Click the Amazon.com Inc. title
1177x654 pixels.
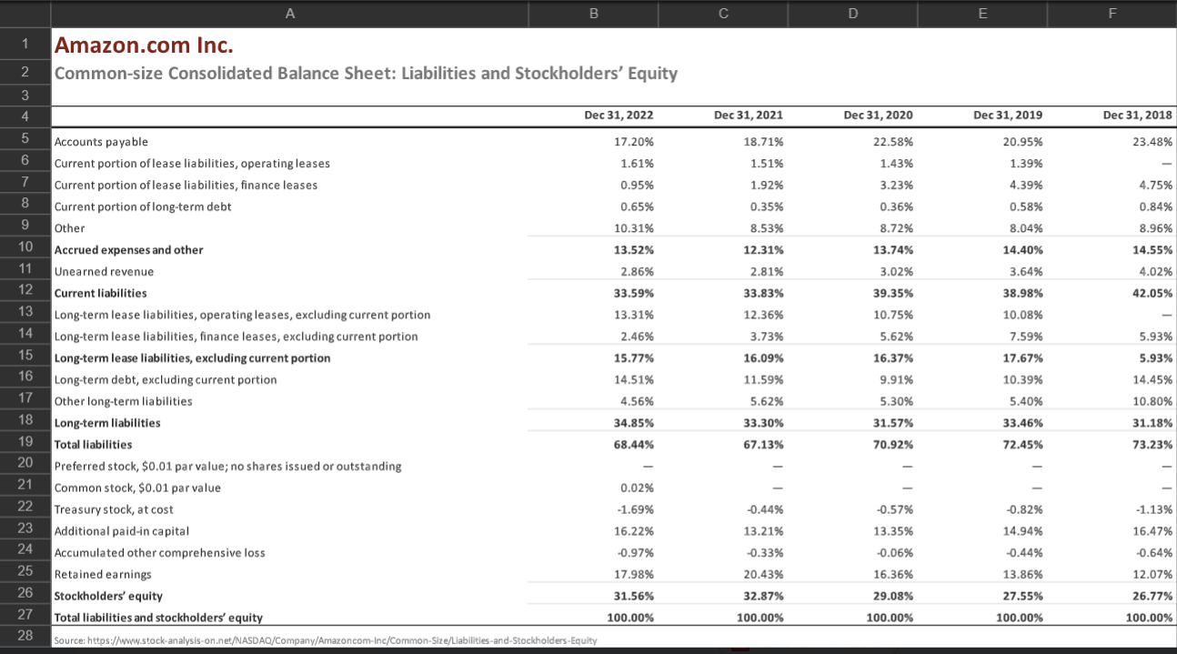144,44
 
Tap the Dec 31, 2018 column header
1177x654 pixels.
1137,116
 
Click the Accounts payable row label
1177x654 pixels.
101,142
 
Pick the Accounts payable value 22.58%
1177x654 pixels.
896,142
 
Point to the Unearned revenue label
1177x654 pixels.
104,271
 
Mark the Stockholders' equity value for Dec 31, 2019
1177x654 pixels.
1024,596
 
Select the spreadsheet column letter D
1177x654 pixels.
851,14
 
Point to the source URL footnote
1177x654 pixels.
326,639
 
